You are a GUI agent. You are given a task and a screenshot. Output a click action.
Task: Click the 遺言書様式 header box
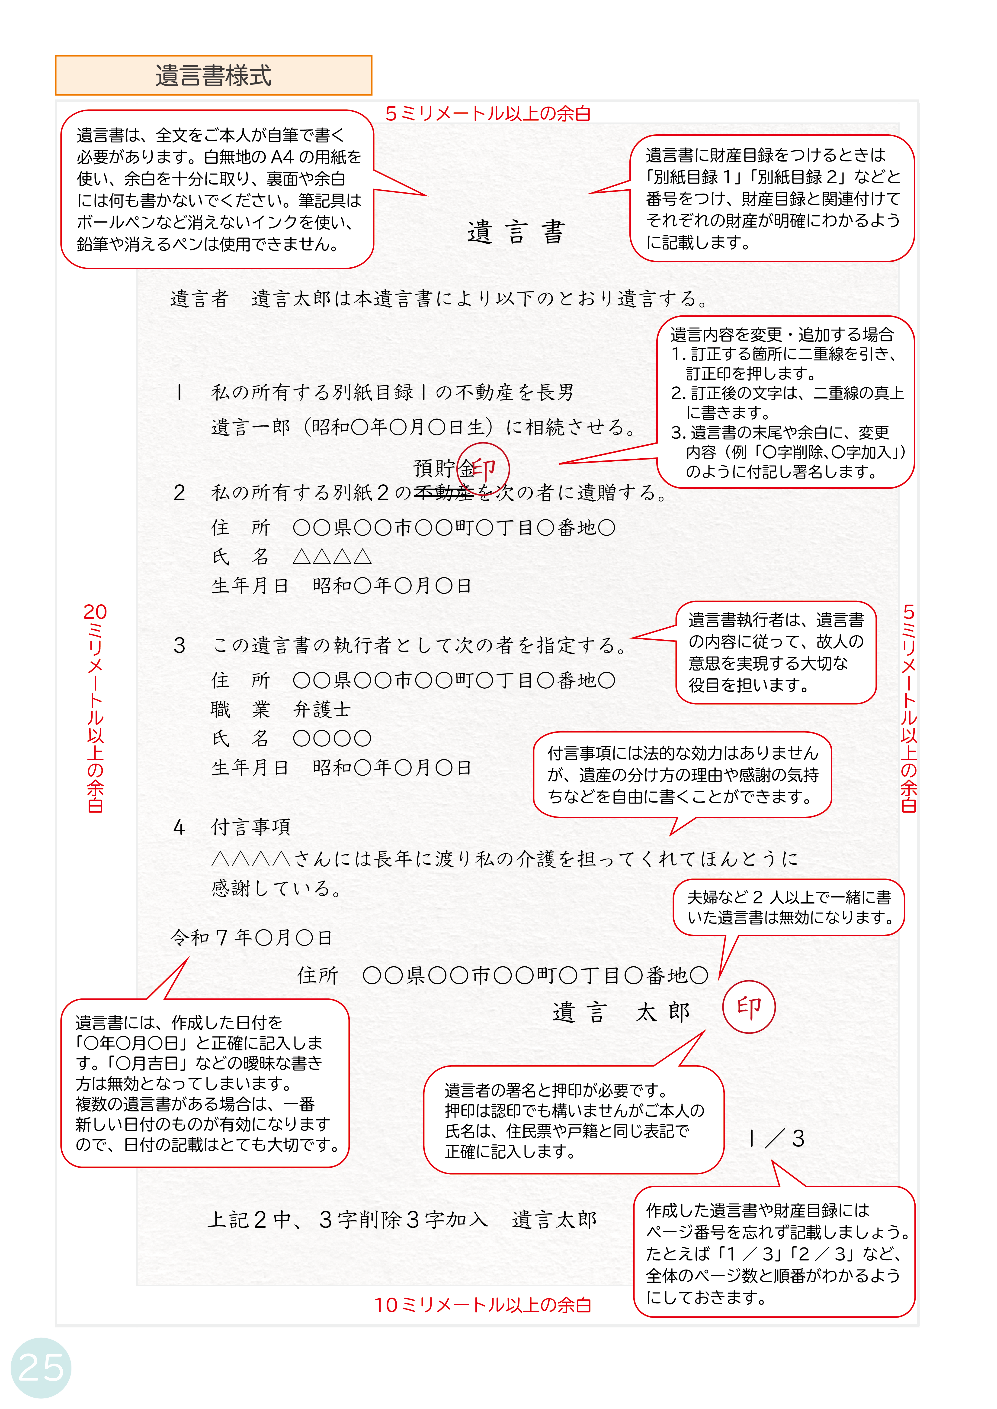coord(213,76)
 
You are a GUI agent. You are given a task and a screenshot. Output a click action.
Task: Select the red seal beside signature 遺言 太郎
coord(748,1007)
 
